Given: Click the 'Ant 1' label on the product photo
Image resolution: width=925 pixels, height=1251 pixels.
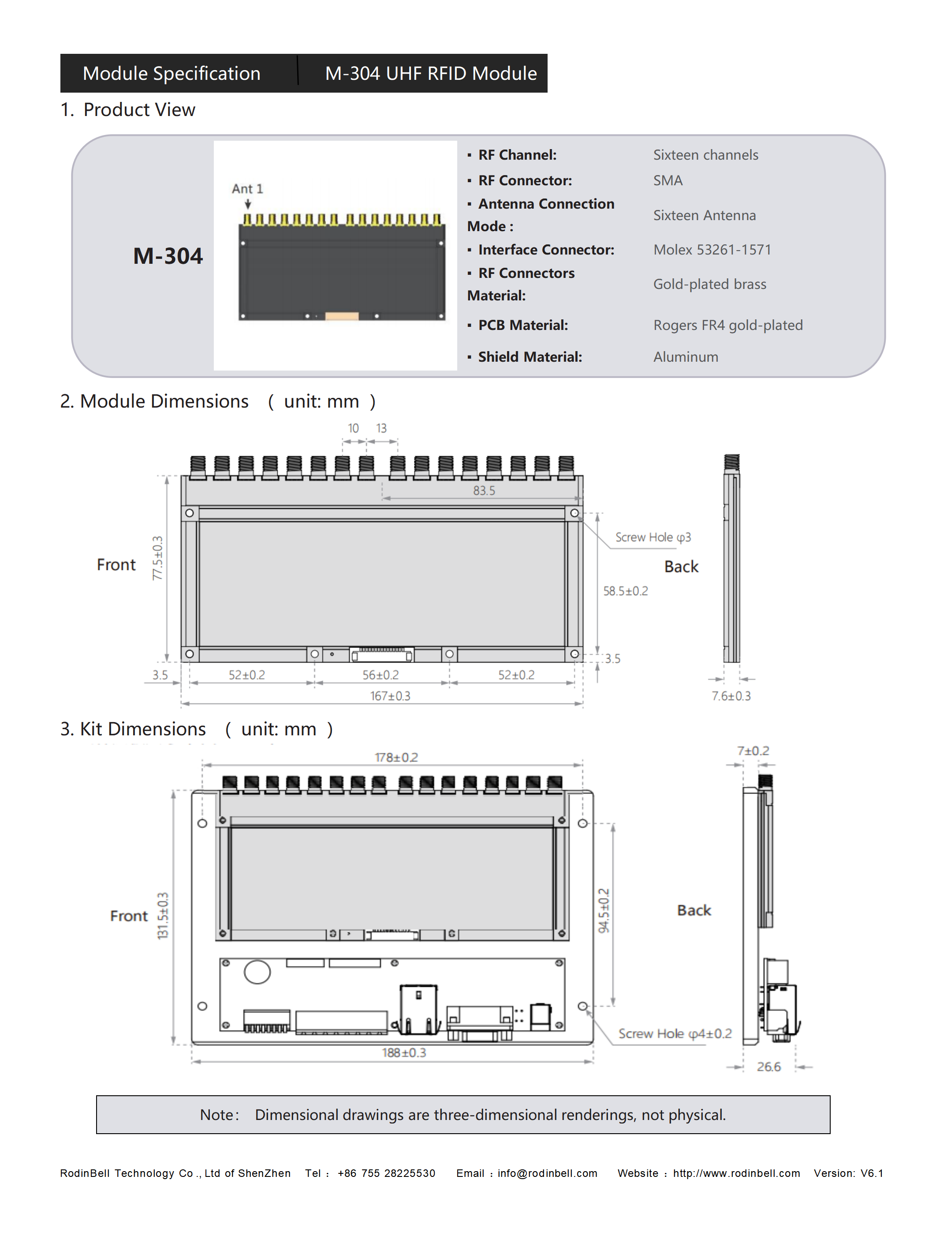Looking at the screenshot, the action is click(x=247, y=189).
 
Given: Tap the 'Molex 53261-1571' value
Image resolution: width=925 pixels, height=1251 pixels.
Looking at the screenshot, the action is click(x=712, y=250).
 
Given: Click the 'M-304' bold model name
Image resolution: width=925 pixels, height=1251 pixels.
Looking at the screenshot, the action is click(x=168, y=256).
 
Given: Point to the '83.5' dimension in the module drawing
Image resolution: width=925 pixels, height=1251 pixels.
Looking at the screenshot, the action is click(x=484, y=491).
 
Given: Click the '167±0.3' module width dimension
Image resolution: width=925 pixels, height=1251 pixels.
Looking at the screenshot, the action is click(x=390, y=696).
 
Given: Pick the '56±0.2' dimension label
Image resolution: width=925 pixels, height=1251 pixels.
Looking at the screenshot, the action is click(x=381, y=675).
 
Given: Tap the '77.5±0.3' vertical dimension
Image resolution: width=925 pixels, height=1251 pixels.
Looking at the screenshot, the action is click(x=158, y=558).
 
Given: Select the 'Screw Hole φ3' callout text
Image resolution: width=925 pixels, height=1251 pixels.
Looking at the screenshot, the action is click(x=653, y=537).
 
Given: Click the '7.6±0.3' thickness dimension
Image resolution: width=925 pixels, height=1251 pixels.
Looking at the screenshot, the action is click(x=731, y=696).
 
